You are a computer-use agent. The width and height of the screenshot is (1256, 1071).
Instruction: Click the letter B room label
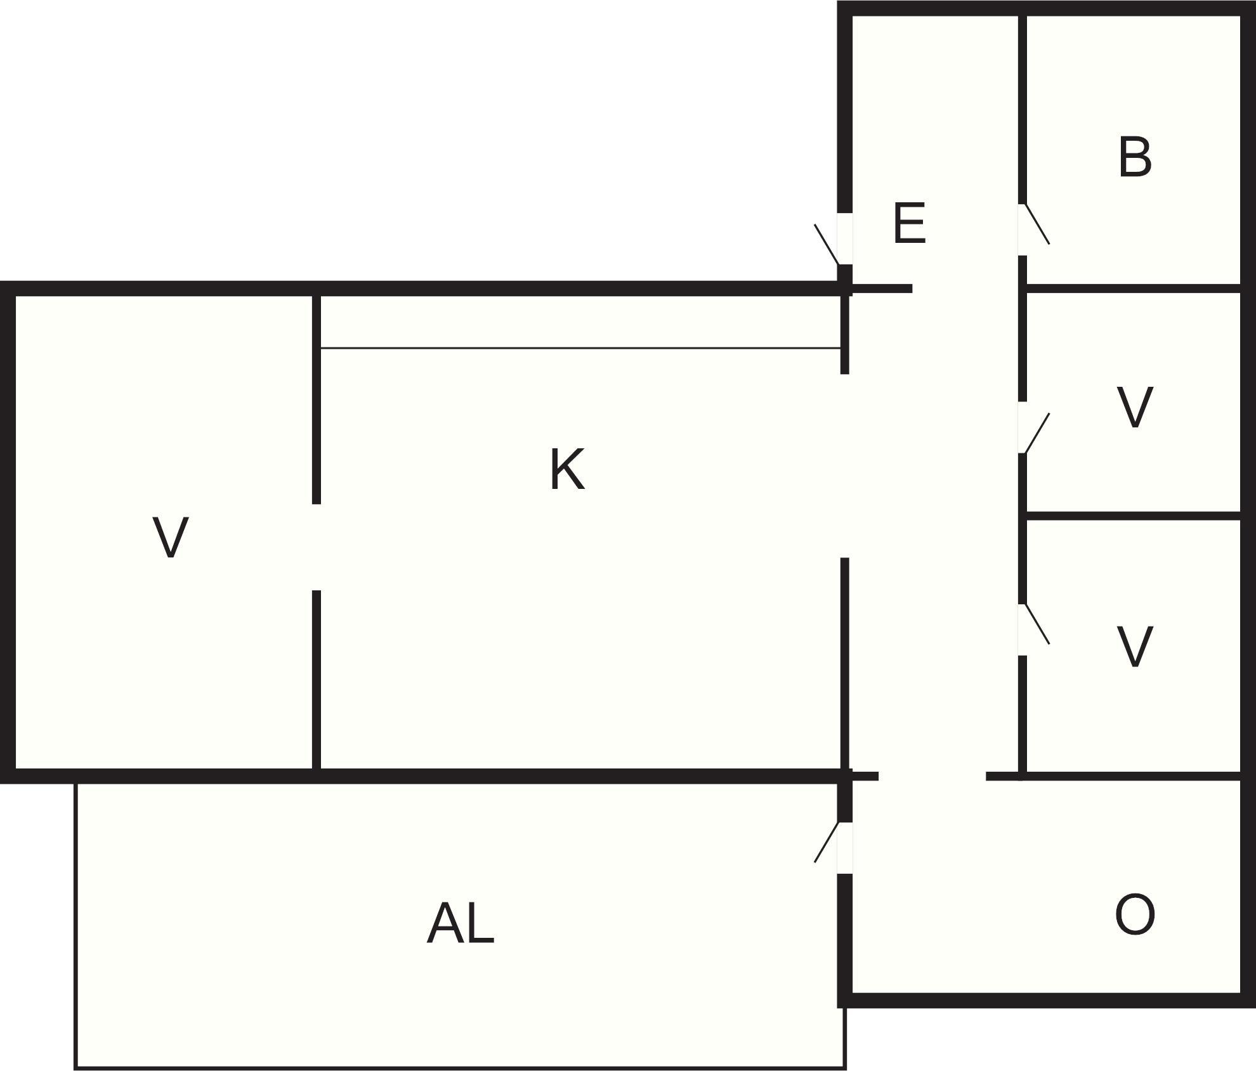pos(1134,157)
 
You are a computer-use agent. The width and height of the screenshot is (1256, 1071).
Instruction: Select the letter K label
pos(566,470)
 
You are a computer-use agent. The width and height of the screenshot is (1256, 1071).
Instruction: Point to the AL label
pos(461,924)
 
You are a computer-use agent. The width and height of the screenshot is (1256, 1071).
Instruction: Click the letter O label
pos(1134,914)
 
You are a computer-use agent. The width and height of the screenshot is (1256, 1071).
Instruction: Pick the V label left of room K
pos(171,538)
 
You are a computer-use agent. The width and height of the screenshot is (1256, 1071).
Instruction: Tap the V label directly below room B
pos(1134,408)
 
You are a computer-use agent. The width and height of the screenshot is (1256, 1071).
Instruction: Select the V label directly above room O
pos(1134,647)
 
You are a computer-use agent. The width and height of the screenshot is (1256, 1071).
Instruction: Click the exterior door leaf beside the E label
pos(827,244)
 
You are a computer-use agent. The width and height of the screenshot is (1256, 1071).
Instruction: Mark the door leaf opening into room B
pos(1037,224)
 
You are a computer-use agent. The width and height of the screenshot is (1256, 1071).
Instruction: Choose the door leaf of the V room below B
pos(1037,433)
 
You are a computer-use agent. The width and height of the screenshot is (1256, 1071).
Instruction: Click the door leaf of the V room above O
pos(1037,624)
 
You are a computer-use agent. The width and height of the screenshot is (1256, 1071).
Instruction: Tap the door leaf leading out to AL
pos(827,842)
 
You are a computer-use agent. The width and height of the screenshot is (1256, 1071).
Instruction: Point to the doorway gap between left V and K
pos(316,547)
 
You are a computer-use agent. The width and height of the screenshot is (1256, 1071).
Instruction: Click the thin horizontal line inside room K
pos(580,348)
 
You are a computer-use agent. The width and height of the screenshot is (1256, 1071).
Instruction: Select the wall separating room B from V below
pos(1132,289)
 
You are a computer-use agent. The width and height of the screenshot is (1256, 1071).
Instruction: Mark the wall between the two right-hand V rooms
pos(1132,516)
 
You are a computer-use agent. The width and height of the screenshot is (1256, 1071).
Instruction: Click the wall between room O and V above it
pos(1132,776)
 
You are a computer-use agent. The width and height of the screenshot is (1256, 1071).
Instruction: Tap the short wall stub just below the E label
pos(882,289)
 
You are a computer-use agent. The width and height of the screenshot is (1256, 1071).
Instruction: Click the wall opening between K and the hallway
pos(844,466)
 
